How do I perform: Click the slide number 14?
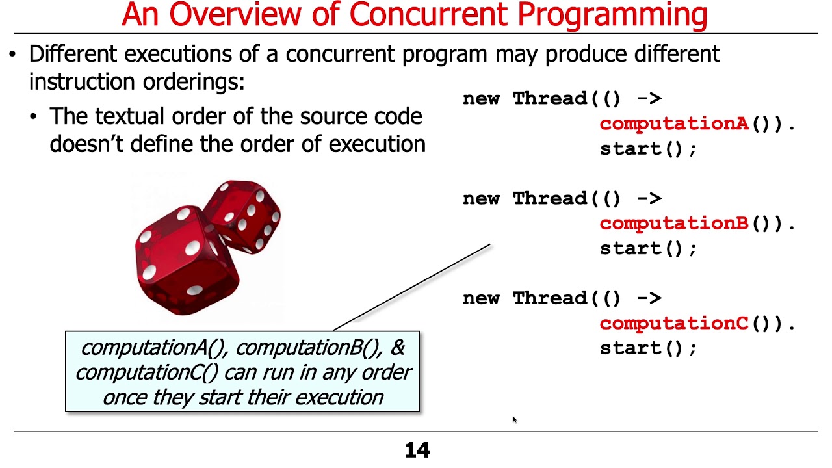(x=417, y=450)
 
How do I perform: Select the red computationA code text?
(x=673, y=123)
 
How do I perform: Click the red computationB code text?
(x=673, y=224)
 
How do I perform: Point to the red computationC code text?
(x=673, y=323)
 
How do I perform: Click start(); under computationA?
(x=647, y=149)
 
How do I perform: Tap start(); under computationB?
(x=647, y=248)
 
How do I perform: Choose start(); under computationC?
(x=647, y=348)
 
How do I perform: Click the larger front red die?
(x=185, y=260)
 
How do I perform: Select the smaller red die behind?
(x=247, y=214)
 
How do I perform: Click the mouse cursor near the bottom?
(x=514, y=421)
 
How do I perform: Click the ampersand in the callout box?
(x=397, y=348)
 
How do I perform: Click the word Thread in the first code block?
(x=550, y=99)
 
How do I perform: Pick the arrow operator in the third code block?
(x=648, y=298)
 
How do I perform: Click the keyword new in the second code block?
(x=482, y=199)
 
